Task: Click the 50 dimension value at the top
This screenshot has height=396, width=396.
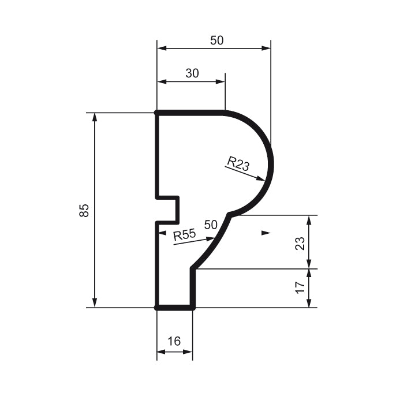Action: click(216, 40)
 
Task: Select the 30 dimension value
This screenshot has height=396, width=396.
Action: click(192, 73)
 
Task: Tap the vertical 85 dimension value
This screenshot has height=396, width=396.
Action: click(84, 210)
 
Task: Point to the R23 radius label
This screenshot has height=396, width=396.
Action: click(238, 163)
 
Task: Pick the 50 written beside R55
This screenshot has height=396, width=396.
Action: click(211, 224)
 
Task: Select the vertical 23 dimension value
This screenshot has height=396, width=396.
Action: click(300, 242)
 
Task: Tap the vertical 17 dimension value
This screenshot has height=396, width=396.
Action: click(300, 288)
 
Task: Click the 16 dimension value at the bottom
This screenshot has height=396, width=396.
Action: click(174, 341)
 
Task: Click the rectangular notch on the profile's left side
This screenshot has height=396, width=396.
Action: click(168, 210)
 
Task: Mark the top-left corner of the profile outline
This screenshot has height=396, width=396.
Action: click(157, 113)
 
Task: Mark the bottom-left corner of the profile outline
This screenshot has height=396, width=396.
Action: click(157, 308)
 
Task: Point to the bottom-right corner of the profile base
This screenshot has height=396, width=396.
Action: click(193, 308)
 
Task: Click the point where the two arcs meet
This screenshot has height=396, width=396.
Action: click(230, 215)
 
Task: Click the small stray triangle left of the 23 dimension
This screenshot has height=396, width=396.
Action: click(266, 233)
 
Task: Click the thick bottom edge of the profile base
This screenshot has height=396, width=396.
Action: click(175, 308)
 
